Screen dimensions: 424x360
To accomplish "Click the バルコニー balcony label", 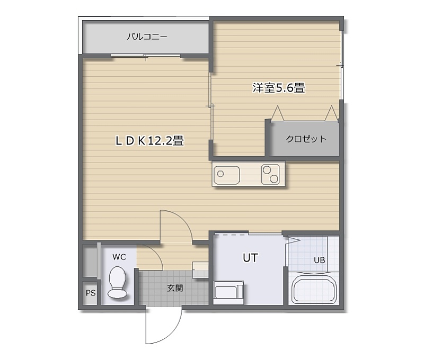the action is point(147,37).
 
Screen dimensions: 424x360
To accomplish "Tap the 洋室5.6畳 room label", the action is point(279,88).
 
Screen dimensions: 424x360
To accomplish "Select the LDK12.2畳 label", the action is point(149,140).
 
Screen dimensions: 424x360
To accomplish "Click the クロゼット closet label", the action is point(306,139).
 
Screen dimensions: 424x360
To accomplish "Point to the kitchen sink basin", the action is point(227,175).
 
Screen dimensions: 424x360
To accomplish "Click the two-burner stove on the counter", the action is point(270,175).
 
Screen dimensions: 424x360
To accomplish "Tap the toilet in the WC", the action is point(118,282).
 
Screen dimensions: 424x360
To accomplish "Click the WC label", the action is point(119,257).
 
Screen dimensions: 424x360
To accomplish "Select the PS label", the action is point(91,293).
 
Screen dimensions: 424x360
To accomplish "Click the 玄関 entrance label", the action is point(175,288).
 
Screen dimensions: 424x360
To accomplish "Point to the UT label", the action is point(250,258).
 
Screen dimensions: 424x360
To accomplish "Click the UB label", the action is point(320,260).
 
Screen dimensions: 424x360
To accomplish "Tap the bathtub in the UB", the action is point(314,289).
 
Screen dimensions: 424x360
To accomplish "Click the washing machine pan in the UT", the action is point(228,293).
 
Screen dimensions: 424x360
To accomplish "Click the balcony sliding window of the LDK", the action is point(146,56).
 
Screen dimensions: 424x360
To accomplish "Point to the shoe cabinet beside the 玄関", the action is point(200,269).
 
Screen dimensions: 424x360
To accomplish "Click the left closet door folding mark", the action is point(277,113).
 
